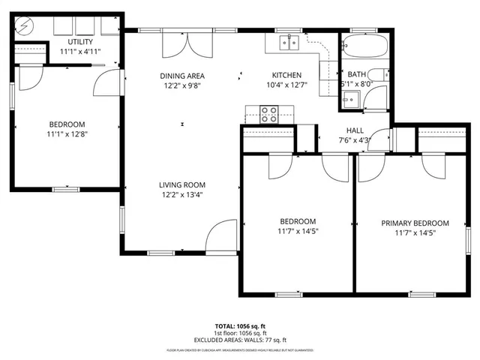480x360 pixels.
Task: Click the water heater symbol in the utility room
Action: point(23,26)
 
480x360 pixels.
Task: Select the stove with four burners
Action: point(269,115)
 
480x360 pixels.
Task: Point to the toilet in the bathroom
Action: point(380,74)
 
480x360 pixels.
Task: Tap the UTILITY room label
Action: point(80,41)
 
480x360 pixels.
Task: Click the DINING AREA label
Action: point(181,76)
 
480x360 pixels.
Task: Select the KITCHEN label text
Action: point(286,75)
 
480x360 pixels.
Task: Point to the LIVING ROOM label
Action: point(181,184)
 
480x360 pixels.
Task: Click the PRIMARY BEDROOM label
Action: point(415,223)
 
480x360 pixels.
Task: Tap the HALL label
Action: point(355,130)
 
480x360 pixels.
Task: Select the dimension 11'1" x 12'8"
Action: point(67,134)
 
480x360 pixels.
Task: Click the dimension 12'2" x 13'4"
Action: point(181,194)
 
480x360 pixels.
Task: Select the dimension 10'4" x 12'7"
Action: point(286,85)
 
